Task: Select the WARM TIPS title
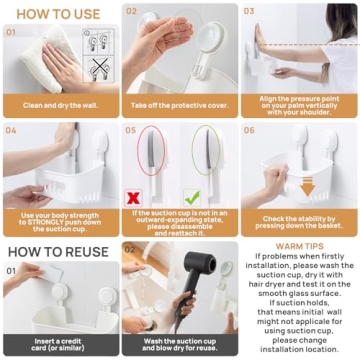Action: click(x=299, y=245)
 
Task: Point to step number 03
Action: click(x=249, y=12)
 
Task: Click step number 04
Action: click(x=11, y=129)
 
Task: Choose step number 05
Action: click(x=131, y=129)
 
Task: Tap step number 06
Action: click(x=249, y=129)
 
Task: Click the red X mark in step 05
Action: click(x=132, y=197)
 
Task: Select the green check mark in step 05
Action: click(x=220, y=197)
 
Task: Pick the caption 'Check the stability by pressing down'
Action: click(x=299, y=222)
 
